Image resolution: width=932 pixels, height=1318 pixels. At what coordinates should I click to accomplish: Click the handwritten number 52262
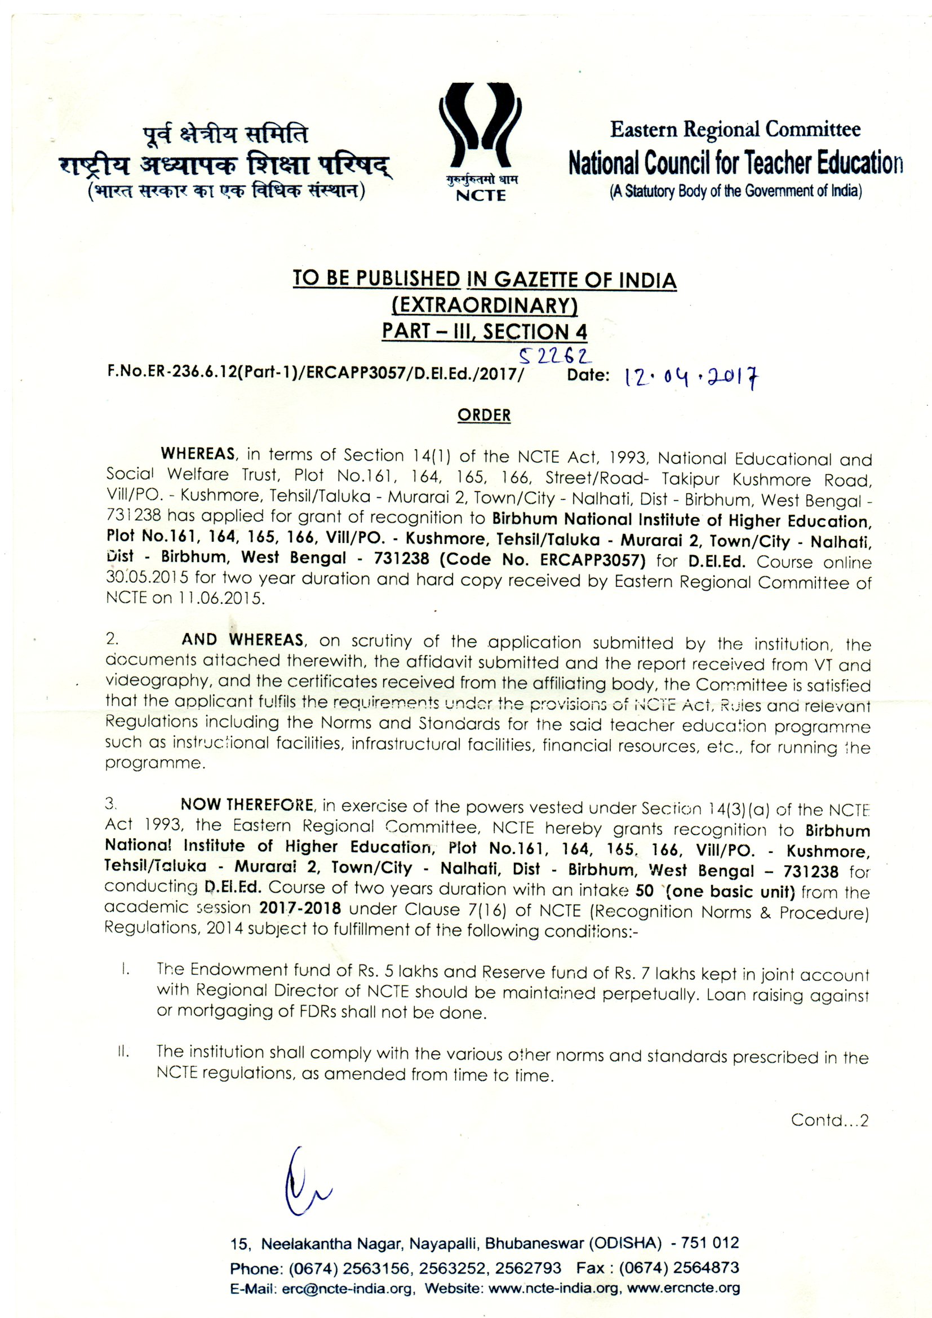point(555,357)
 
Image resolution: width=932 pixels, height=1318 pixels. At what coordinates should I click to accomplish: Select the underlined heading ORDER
point(484,415)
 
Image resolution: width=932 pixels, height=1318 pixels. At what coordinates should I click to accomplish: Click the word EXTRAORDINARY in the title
point(485,306)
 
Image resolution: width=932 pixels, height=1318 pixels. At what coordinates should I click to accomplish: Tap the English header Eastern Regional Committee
point(735,130)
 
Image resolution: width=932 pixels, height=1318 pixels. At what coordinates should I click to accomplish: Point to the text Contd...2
point(829,1120)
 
